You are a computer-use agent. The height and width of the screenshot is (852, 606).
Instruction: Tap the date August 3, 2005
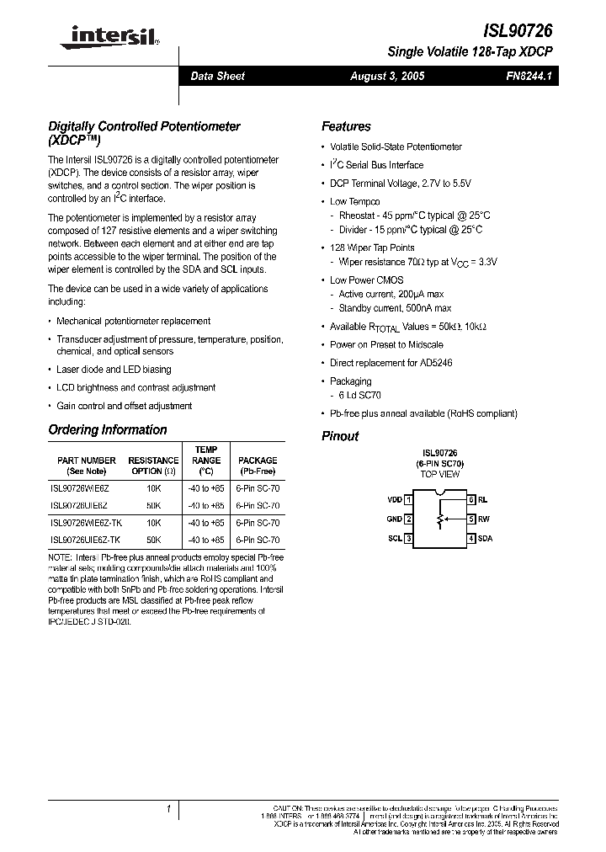pos(387,76)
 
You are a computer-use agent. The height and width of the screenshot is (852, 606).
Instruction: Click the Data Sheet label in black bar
pos(217,76)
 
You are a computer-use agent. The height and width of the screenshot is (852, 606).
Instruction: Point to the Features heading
pos(346,126)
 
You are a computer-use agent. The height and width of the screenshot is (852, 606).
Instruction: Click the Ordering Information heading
pos(108,429)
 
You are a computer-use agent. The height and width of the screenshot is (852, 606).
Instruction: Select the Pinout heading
pos(340,436)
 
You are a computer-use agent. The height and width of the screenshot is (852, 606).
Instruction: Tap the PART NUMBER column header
pos(87,461)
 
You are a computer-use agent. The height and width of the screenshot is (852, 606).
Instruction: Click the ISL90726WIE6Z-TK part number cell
pos(86,522)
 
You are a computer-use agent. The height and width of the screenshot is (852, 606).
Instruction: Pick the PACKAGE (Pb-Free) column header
pos(258,466)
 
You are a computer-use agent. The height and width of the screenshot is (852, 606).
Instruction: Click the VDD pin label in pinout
pos(394,499)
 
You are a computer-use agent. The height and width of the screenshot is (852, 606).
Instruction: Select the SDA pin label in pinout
pos(485,538)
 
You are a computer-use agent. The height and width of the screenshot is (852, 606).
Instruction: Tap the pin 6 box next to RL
pos(472,499)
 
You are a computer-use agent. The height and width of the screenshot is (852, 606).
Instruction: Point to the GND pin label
pos(394,519)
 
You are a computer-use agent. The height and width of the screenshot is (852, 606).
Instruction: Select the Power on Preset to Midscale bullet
pos(386,344)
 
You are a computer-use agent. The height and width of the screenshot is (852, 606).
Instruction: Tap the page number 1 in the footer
pos(169,809)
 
